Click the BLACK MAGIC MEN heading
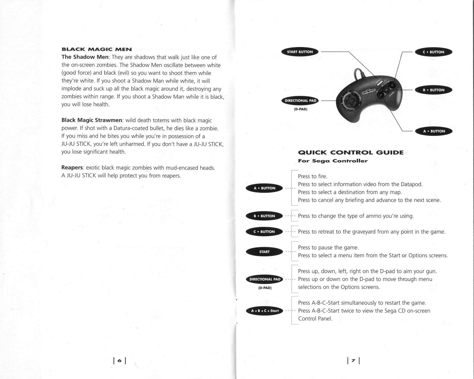(97, 49)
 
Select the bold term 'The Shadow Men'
(85, 57)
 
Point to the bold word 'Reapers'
(72, 168)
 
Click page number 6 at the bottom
(120, 361)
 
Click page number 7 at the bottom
(353, 361)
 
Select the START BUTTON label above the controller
(300, 52)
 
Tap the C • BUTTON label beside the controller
(433, 52)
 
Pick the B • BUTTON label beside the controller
(433, 90)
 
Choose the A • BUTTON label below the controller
(434, 131)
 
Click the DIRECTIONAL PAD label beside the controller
(300, 101)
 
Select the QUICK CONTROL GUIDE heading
(350, 153)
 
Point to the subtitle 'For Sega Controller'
(333, 161)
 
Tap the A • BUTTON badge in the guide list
(264, 188)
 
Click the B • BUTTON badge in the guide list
(264, 216)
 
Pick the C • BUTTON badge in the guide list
(264, 232)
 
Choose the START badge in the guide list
(264, 252)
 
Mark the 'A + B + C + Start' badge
(264, 311)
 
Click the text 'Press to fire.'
(313, 176)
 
